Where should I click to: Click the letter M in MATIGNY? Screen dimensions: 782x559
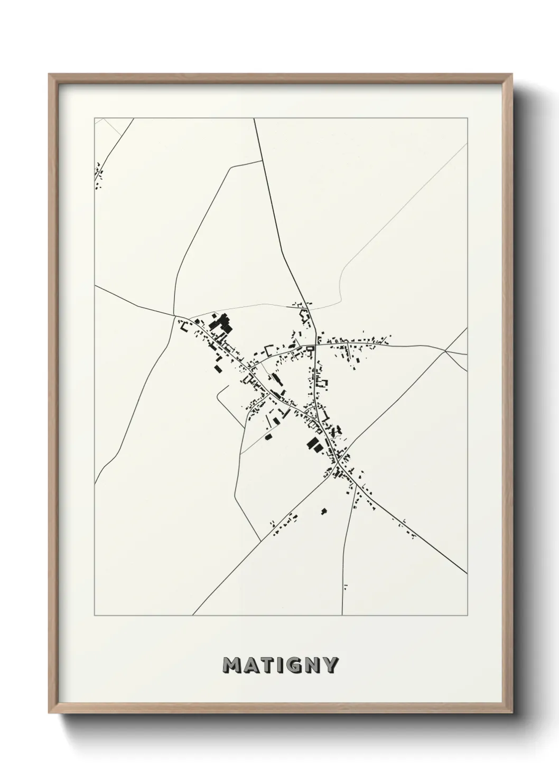pyautogui.click(x=233, y=665)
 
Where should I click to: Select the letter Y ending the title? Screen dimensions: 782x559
pyautogui.click(x=330, y=665)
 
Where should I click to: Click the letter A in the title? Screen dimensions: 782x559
pyautogui.click(x=249, y=665)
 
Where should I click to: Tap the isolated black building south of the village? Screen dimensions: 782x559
pyautogui.click(x=324, y=511)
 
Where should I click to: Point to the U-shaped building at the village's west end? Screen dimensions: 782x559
pyautogui.click(x=184, y=327)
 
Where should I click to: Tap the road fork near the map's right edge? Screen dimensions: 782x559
pyautogui.click(x=446, y=350)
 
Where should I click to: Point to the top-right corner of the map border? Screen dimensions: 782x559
pyautogui.click(x=467, y=118)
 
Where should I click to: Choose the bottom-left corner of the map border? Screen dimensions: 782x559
pyautogui.click(x=95, y=616)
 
